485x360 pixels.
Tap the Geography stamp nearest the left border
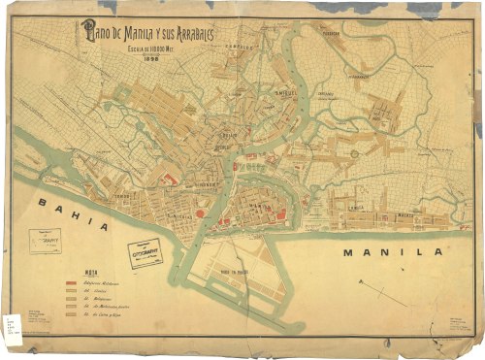(45, 240)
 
